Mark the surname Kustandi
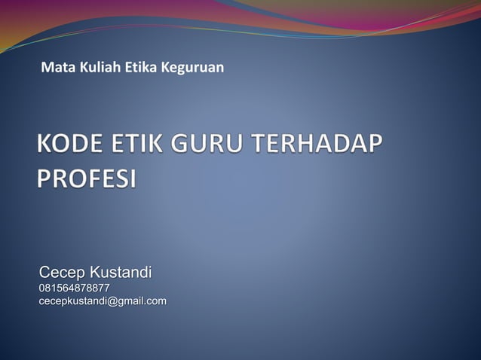click(121, 271)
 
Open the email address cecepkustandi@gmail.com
click(103, 301)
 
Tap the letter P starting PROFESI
click(43, 179)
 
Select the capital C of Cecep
click(44, 271)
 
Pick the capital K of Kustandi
click(95, 271)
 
